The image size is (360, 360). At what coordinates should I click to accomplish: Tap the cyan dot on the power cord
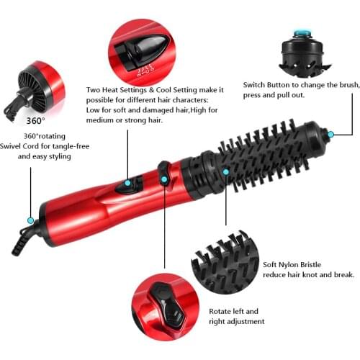pyautogui.click(x=30, y=220)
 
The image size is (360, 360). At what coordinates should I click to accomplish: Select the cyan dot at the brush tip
pyautogui.click(x=330, y=134)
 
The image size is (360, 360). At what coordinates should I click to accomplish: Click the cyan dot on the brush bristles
pyautogui.click(x=226, y=172)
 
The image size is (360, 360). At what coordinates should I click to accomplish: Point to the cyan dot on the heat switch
pyautogui.click(x=127, y=183)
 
